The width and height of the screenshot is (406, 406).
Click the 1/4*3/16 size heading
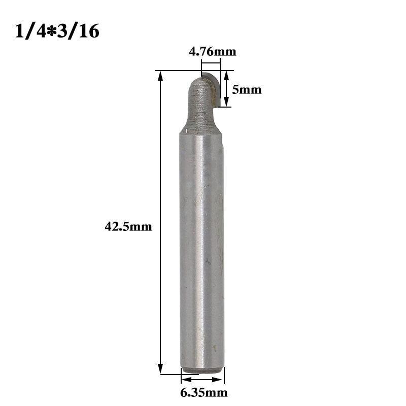click(x=57, y=31)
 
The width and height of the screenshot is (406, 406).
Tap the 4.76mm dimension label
click(x=212, y=52)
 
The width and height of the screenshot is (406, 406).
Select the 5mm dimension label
click(x=247, y=90)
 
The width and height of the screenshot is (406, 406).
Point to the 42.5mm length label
click(x=128, y=227)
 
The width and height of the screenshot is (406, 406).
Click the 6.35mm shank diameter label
click(x=204, y=393)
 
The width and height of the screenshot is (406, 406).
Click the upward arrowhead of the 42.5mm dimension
click(x=160, y=77)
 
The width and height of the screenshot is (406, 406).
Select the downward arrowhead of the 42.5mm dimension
click(x=160, y=368)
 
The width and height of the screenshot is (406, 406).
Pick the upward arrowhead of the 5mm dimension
click(x=226, y=77)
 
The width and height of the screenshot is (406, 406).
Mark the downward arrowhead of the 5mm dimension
click(x=226, y=101)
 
